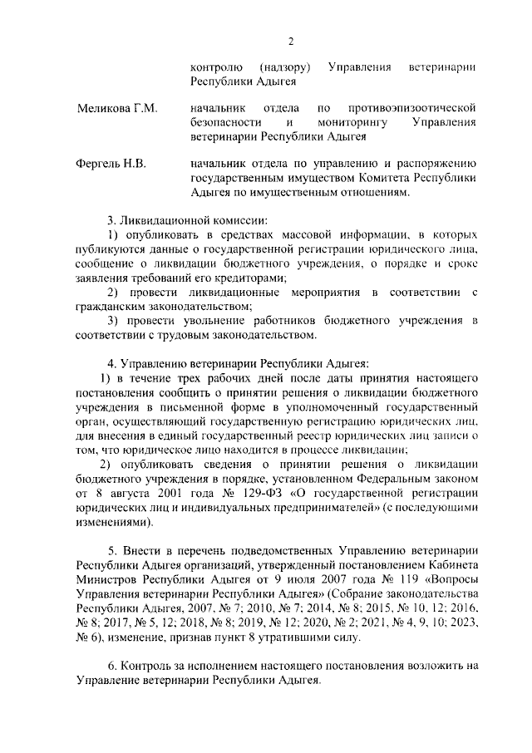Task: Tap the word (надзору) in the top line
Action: click(x=284, y=66)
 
